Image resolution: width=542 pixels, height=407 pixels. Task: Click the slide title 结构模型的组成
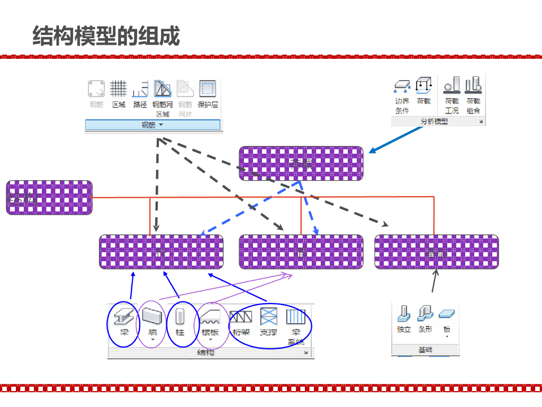pyautogui.click(x=106, y=36)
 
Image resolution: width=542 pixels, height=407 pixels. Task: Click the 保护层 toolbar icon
pyautogui.click(x=207, y=89)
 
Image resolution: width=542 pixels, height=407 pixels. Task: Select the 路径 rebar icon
pyautogui.click(x=140, y=89)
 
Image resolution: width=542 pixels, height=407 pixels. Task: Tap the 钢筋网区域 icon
pyautogui.click(x=162, y=89)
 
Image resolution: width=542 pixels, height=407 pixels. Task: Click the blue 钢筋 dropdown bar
pyautogui.click(x=152, y=125)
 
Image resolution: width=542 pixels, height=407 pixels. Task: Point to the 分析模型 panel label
pyautogui.click(x=435, y=121)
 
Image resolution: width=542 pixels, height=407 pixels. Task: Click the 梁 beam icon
pyautogui.click(x=124, y=317)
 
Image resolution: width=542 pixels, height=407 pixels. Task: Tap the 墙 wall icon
pyautogui.click(x=152, y=316)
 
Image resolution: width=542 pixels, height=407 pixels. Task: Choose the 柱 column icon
pyautogui.click(x=180, y=317)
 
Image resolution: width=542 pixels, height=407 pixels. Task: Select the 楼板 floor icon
pyautogui.click(x=210, y=317)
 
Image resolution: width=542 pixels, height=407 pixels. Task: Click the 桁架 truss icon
pyautogui.click(x=241, y=317)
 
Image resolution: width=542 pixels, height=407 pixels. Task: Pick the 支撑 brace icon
pyautogui.click(x=268, y=317)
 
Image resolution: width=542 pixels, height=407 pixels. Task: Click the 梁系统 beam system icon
pyautogui.click(x=296, y=317)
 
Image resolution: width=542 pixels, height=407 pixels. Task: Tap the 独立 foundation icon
pyautogui.click(x=404, y=314)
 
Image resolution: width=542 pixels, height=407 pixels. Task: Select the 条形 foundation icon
pyautogui.click(x=425, y=314)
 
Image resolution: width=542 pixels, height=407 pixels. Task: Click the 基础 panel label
pyautogui.click(x=425, y=350)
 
